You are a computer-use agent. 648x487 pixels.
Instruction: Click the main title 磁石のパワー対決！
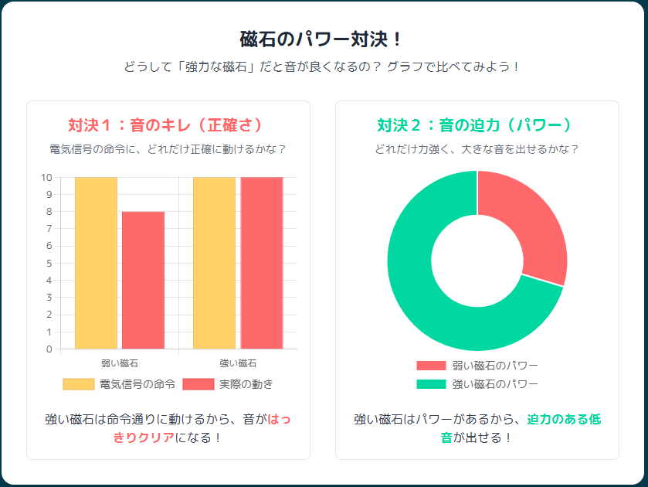coord(323,39)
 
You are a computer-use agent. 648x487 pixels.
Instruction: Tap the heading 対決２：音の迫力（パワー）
coord(477,125)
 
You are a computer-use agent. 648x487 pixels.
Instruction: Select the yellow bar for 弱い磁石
coord(96,263)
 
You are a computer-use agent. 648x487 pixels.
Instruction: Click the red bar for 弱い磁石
coord(143,280)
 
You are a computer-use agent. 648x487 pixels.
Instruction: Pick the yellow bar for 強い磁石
coord(214,263)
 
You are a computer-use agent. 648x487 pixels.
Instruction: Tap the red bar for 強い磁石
coord(261,263)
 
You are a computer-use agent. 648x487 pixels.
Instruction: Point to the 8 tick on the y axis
coord(49,212)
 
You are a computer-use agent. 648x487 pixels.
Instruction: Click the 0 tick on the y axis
coord(49,349)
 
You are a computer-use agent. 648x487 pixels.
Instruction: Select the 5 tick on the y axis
coord(49,264)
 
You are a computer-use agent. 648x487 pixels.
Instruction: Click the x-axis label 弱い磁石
coord(120,363)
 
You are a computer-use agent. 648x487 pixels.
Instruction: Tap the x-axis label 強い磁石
coord(238,363)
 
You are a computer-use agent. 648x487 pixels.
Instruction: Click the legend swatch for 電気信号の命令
coord(78,384)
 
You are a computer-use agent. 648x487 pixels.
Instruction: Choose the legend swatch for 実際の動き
coord(198,384)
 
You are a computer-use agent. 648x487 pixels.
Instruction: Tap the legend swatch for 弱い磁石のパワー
coord(431,366)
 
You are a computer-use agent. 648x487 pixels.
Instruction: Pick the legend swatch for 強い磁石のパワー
coord(431,384)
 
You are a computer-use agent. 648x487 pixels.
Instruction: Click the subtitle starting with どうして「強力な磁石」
coord(323,67)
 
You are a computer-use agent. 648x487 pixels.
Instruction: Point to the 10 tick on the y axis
coord(46,178)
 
